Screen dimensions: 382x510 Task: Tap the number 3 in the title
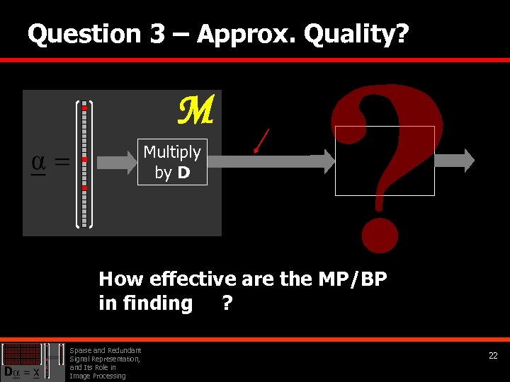click(x=157, y=34)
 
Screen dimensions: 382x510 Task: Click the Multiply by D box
click(x=172, y=162)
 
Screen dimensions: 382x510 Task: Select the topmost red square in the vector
click(x=84, y=108)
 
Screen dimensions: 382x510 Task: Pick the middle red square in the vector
click(x=84, y=160)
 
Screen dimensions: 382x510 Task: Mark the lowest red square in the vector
click(x=84, y=188)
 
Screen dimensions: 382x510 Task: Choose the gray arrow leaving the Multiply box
click(x=269, y=162)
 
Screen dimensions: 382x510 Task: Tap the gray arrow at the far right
click(x=455, y=160)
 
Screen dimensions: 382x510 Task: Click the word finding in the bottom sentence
click(x=155, y=303)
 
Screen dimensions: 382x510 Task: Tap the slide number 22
click(x=493, y=357)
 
